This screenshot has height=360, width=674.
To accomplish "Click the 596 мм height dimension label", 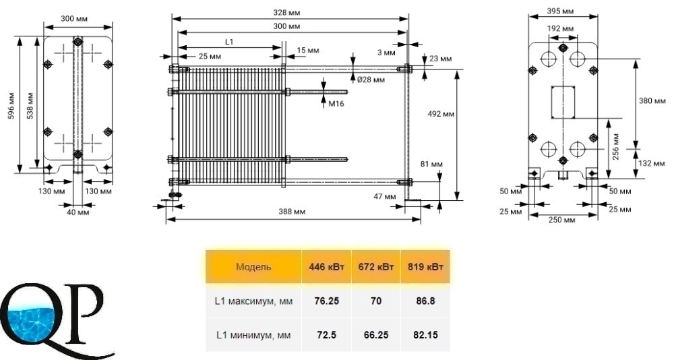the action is (11, 106).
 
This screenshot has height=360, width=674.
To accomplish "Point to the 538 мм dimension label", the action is (30, 106).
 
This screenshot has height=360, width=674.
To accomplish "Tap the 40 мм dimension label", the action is (78, 212).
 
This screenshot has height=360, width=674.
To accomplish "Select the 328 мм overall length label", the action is (286, 13).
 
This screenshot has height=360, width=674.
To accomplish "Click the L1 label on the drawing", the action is (229, 42).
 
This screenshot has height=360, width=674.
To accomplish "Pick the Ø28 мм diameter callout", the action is (371, 80).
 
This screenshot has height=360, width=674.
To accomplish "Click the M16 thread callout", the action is (336, 104).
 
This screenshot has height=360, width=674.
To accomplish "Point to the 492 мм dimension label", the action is (441, 114).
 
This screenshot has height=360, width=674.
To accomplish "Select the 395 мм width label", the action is (560, 11).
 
